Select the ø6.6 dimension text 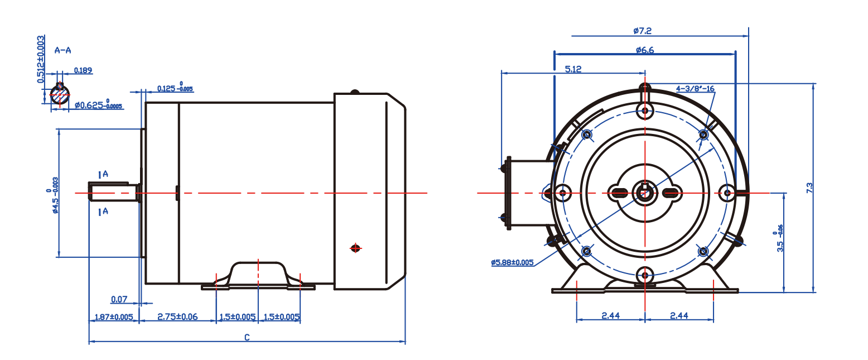click(644, 50)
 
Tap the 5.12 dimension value click(573, 69)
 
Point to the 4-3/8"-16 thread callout click(695, 89)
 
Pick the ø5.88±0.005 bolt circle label click(512, 262)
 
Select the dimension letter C click(247, 337)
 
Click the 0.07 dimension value click(119, 300)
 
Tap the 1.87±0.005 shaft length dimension click(113, 317)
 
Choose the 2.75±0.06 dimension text click(177, 317)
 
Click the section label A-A click(62, 50)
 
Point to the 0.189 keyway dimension click(83, 71)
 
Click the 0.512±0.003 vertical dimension click(41, 60)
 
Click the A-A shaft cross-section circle click(59, 94)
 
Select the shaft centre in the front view click(645, 193)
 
